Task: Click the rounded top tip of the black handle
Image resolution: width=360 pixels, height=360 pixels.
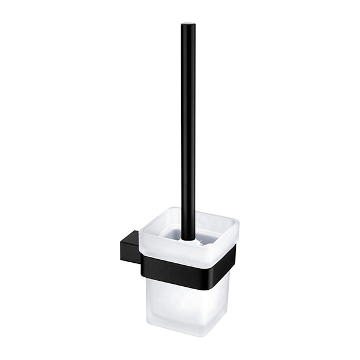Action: pos(188,26)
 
